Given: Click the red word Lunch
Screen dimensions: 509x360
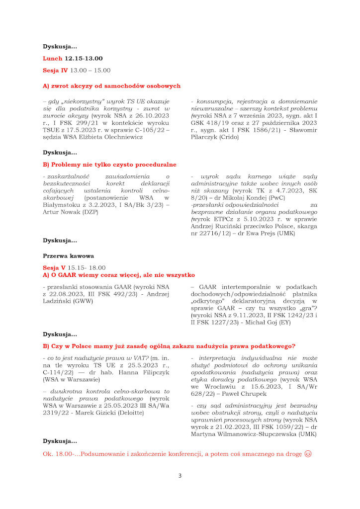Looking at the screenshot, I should [53, 59].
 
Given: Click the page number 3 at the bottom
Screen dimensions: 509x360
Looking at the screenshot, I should [180, 476].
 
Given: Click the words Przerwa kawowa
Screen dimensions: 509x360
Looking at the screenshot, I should [68, 256].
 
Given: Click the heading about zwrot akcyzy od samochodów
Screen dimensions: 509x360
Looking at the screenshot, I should [111, 86].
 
